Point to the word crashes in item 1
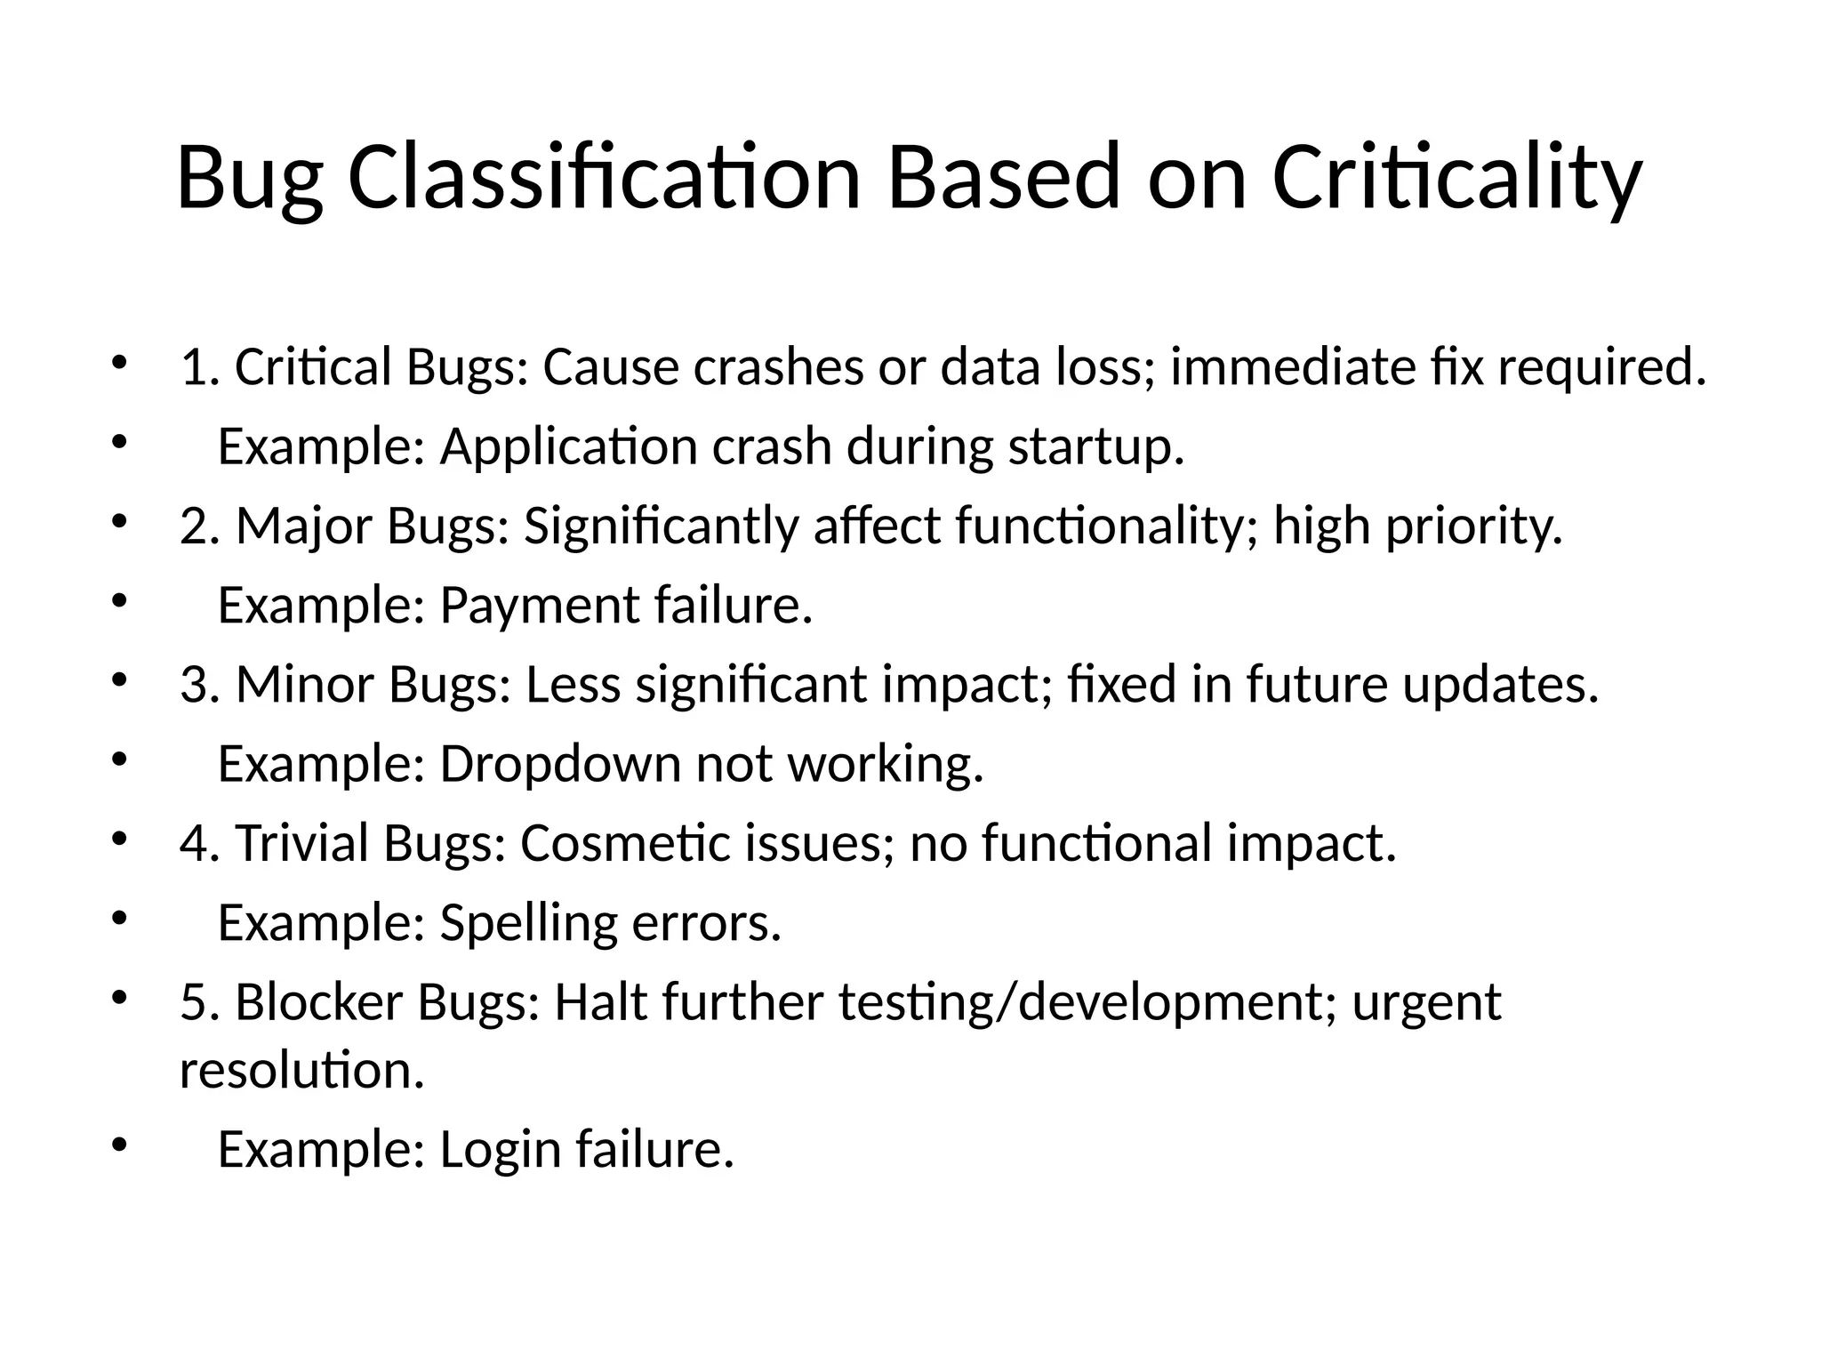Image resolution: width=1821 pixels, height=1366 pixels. [779, 367]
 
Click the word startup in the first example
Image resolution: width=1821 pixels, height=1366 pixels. [1095, 447]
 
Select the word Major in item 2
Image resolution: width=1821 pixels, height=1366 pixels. [303, 526]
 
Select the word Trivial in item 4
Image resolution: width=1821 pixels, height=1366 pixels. [301, 843]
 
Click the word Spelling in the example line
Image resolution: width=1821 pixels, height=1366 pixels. [528, 923]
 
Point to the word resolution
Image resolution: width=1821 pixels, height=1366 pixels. [301, 1070]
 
